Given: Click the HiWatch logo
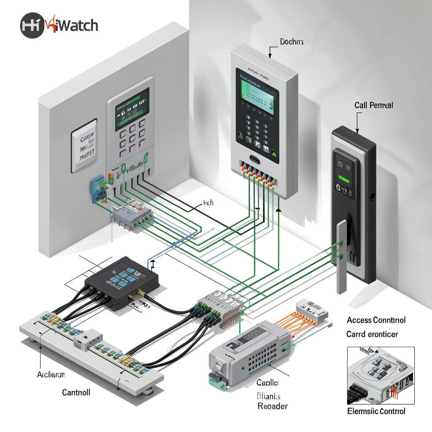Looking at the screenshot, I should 59,25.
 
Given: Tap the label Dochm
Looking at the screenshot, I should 291,42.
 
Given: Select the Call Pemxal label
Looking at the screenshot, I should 373,105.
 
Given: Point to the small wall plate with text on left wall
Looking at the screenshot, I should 84,146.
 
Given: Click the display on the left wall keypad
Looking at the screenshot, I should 132,109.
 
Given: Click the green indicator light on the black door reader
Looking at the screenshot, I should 344,179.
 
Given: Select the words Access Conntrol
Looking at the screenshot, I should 376,320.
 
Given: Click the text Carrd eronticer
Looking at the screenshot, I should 372,334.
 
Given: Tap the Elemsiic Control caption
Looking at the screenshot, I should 376,411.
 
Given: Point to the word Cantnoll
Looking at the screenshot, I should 76,392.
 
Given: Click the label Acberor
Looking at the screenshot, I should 51,374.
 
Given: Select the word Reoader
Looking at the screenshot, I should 273,406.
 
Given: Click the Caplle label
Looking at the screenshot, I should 267,383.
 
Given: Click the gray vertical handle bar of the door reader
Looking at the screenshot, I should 341,257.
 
